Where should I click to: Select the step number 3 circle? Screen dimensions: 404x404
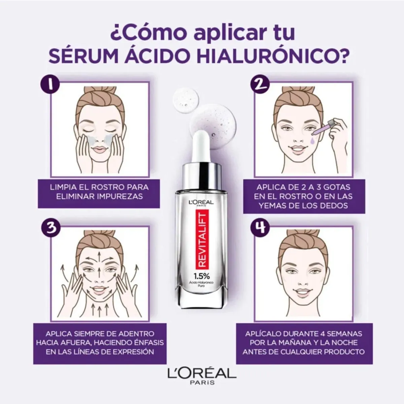[x=50, y=229]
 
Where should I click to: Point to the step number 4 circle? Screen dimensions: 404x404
[x=261, y=229]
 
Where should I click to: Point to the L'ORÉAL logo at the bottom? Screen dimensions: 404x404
[x=202, y=374]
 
